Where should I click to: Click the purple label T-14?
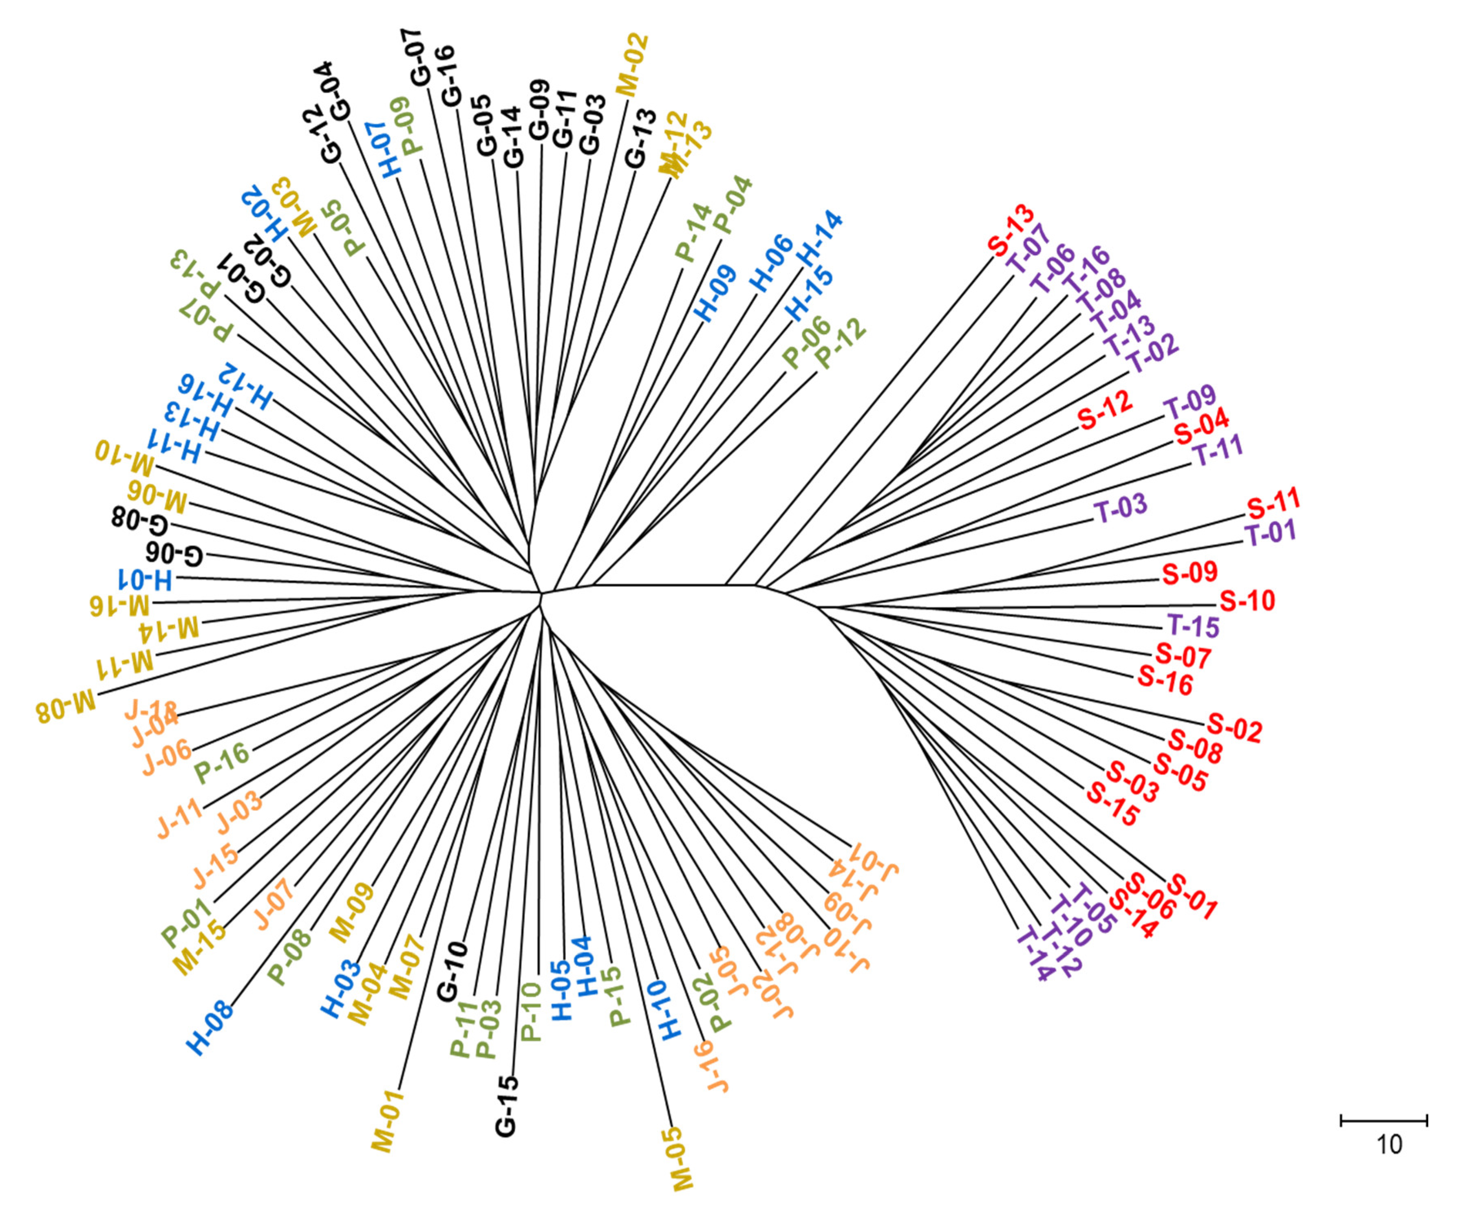click(1035, 953)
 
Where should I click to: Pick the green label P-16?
click(222, 763)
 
